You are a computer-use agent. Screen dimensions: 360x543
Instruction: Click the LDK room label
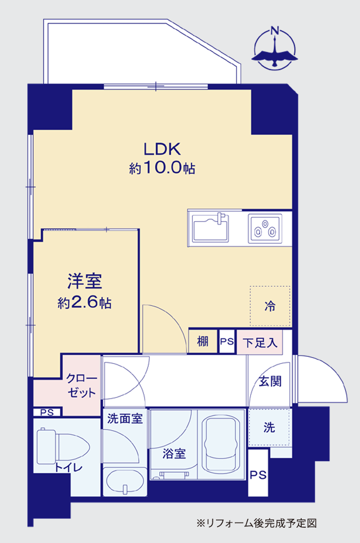(162, 149)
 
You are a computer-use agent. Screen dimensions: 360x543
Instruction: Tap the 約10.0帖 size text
(162, 168)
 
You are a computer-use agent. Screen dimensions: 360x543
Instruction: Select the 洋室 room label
(85, 281)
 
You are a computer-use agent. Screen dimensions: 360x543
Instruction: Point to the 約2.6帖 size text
(85, 302)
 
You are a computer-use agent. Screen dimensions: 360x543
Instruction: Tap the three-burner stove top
(265, 228)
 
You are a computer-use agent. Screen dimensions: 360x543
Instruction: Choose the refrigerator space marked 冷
(270, 306)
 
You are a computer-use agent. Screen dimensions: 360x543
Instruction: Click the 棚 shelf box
(203, 341)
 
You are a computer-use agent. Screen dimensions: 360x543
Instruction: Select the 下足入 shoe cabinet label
(260, 342)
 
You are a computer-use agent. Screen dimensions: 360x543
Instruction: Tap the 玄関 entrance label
(271, 382)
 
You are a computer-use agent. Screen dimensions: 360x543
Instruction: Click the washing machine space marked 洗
(269, 427)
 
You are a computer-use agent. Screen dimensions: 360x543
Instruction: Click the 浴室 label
(174, 453)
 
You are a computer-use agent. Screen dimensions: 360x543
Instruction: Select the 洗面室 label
(125, 419)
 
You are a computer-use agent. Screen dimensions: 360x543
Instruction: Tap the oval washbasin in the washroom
(125, 482)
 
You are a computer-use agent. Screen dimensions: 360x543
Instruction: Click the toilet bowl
(64, 446)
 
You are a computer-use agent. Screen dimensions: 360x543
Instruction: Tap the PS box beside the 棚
(227, 341)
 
